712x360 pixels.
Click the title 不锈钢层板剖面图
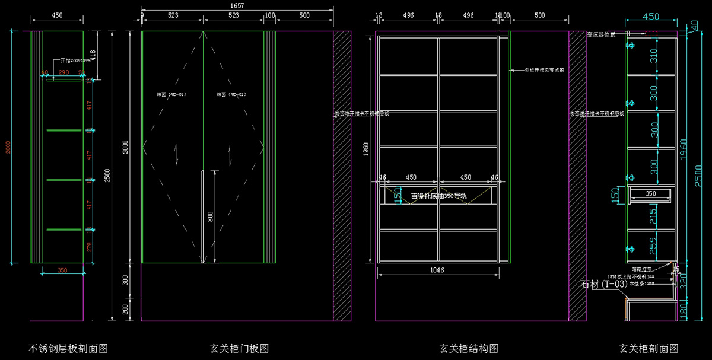coord(68,348)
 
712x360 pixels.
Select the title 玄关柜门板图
coord(240,348)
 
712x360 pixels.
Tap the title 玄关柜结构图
coord(468,348)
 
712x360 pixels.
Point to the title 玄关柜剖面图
coord(649,348)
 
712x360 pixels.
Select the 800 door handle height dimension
coord(209,217)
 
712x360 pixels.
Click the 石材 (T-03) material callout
coord(604,285)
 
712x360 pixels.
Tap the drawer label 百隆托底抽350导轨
coord(438,195)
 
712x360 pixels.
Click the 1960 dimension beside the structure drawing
coord(366,147)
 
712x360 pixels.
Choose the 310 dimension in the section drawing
coord(653,56)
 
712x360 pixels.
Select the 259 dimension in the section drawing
coord(653,246)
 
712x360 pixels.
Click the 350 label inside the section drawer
coord(650,193)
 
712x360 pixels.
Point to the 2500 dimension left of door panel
coord(107,176)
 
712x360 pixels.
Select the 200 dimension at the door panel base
coord(125,309)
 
